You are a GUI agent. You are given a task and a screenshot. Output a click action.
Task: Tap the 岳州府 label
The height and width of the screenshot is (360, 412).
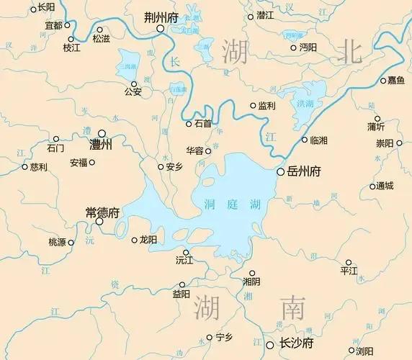tap(304, 172)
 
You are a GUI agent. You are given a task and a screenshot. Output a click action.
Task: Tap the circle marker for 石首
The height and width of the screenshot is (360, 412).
tap(189, 124)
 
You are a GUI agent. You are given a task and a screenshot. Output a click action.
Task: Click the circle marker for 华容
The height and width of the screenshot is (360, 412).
tap(209, 151)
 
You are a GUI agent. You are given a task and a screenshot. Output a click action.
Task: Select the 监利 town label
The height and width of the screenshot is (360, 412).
tap(267, 106)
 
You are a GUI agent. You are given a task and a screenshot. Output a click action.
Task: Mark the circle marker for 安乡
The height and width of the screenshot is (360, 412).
tap(161, 167)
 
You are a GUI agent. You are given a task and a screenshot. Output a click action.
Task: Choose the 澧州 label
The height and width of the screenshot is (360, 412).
tap(102, 145)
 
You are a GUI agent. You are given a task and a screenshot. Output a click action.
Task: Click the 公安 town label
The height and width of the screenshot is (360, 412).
tap(133, 91)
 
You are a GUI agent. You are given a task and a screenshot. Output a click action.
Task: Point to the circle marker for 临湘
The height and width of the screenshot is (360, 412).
tap(304, 140)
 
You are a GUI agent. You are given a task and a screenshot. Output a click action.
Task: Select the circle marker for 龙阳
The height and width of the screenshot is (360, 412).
tap(134, 240)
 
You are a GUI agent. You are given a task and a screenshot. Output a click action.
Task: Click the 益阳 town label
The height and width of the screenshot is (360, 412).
tap(182, 294)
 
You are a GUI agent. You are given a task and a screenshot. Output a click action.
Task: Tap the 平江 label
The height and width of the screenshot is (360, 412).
tap(349, 271)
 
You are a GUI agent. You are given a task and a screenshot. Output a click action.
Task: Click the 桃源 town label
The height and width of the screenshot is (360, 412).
tap(56, 242)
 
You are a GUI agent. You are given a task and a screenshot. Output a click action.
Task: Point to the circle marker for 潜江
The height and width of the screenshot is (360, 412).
tap(251, 16)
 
